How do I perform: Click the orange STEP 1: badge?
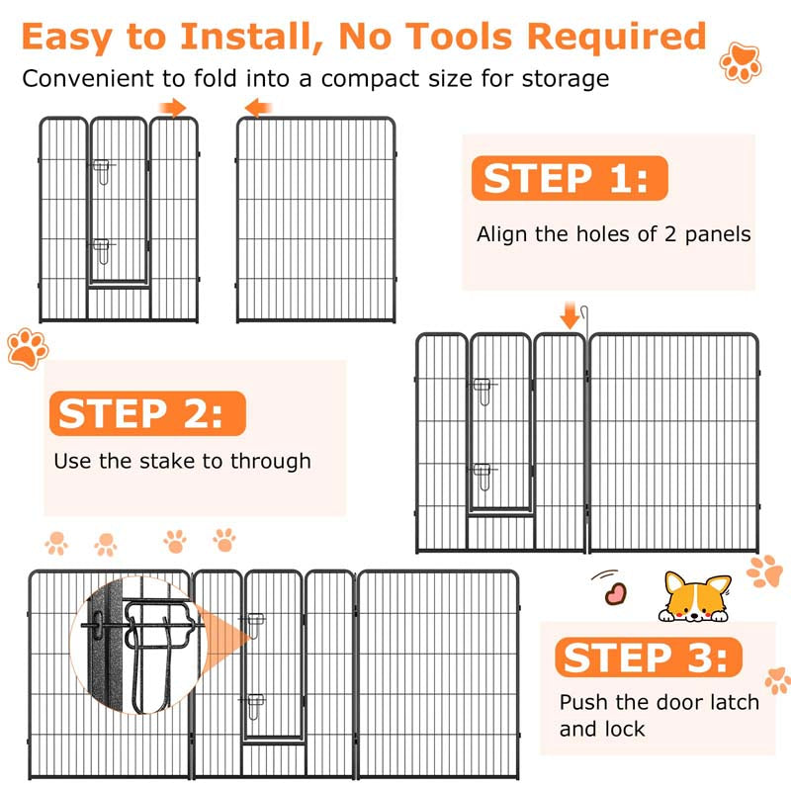click(570, 178)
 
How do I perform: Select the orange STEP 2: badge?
click(147, 413)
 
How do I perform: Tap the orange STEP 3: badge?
click(649, 658)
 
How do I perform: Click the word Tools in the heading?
click(459, 37)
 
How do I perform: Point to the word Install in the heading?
click(252, 38)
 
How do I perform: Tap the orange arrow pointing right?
click(173, 108)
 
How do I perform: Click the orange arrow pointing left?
click(258, 108)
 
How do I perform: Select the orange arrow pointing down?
click(570, 315)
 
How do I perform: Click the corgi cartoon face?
click(695, 597)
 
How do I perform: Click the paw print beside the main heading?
click(741, 62)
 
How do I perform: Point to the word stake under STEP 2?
click(166, 461)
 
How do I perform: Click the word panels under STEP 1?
click(718, 235)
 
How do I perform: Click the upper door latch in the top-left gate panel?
click(103, 171)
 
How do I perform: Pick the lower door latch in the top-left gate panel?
click(103, 251)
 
